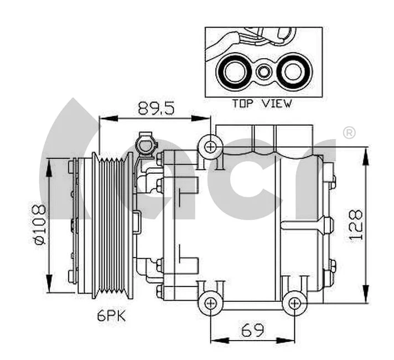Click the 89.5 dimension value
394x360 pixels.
pos(156,108)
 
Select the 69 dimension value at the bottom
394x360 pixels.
pos(252,331)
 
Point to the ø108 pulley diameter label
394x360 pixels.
pos(38,225)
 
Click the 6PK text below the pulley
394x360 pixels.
pos(111,317)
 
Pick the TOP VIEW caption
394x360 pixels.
pos(261,104)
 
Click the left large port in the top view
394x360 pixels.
pos(233,71)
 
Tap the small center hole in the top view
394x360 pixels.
pos(265,71)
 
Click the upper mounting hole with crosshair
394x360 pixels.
pos(210,147)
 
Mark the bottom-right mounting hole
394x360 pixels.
pos(294,303)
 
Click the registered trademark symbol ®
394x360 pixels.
pos(349,133)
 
